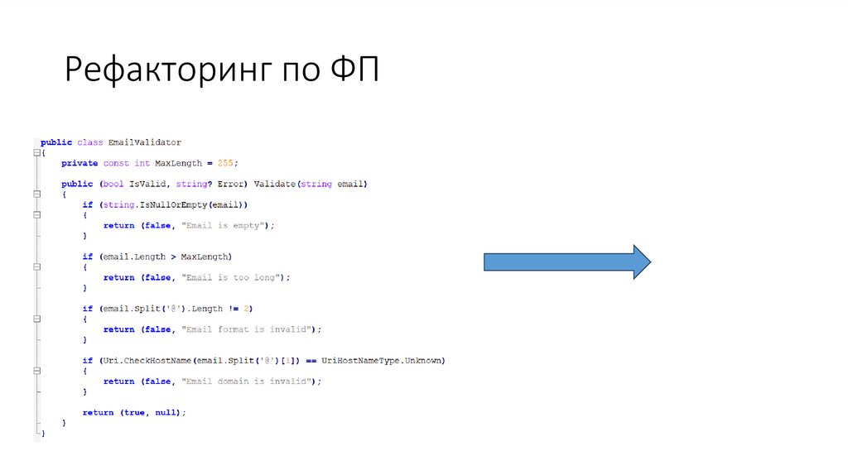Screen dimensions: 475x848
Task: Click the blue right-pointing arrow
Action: tap(567, 261)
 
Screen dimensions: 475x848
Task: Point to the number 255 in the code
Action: tap(225, 163)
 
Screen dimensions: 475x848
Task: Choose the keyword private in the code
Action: tap(79, 163)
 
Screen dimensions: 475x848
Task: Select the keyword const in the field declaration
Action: tap(116, 163)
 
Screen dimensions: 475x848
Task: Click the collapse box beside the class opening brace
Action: tap(36, 153)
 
